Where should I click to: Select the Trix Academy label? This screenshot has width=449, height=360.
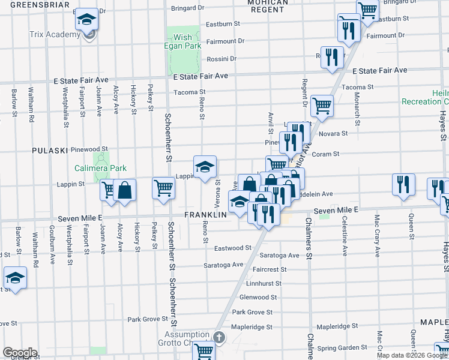pyautogui.click(x=55, y=34)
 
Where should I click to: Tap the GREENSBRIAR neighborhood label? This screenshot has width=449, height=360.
pyautogui.click(x=35, y=4)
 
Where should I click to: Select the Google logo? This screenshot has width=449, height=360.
pyautogui.click(x=19, y=353)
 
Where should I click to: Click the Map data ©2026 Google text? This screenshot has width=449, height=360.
pyautogui.click(x=411, y=355)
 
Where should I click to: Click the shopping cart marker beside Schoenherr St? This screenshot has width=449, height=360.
pyautogui.click(x=163, y=188)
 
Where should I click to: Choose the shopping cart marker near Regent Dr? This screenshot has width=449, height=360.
pyautogui.click(x=322, y=106)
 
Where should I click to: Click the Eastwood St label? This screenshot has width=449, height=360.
pyautogui.click(x=233, y=248)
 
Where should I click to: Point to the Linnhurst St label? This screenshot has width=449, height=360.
pyautogui.click(x=264, y=283)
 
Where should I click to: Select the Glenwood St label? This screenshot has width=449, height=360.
pyautogui.click(x=258, y=297)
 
